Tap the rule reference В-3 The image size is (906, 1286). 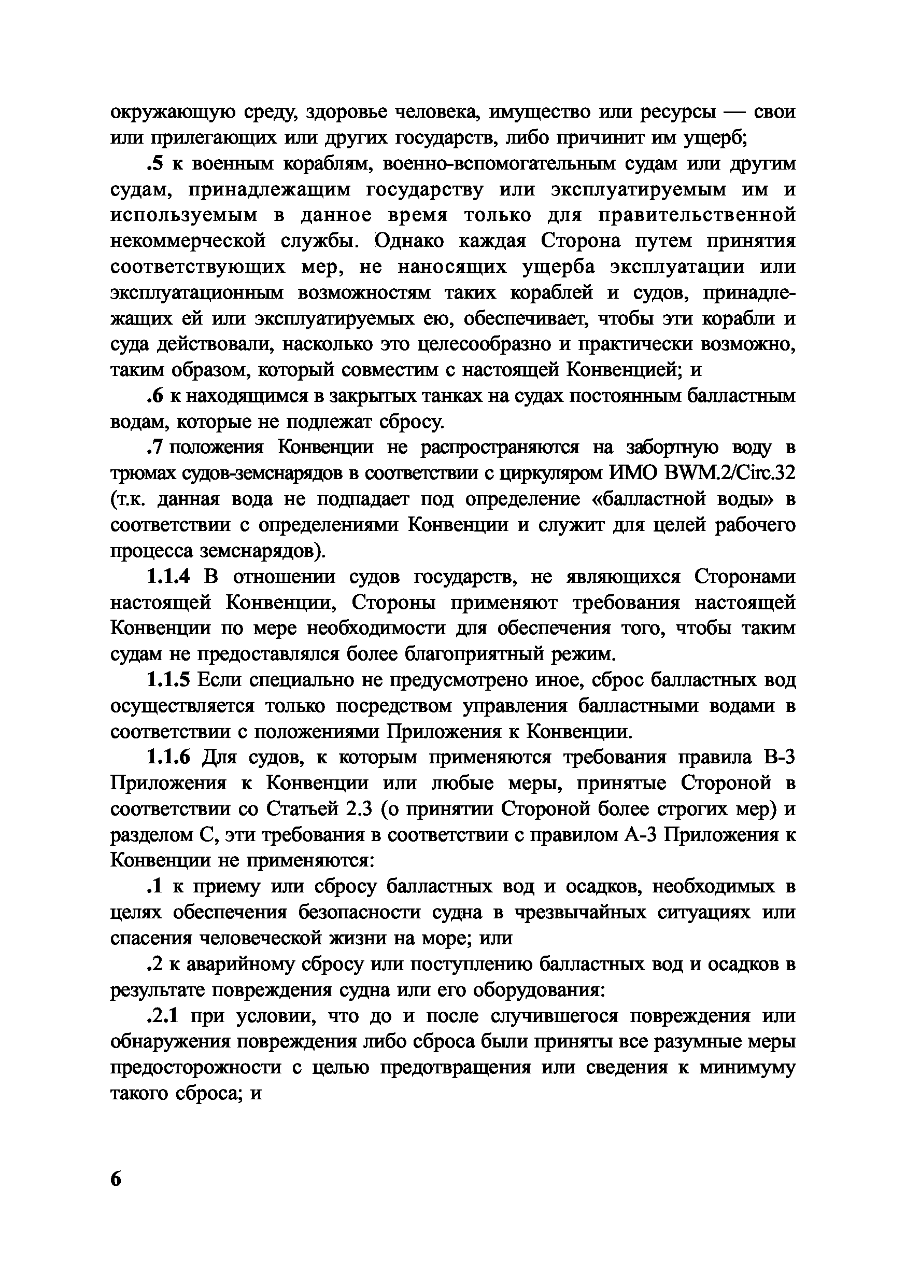pos(779,757)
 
